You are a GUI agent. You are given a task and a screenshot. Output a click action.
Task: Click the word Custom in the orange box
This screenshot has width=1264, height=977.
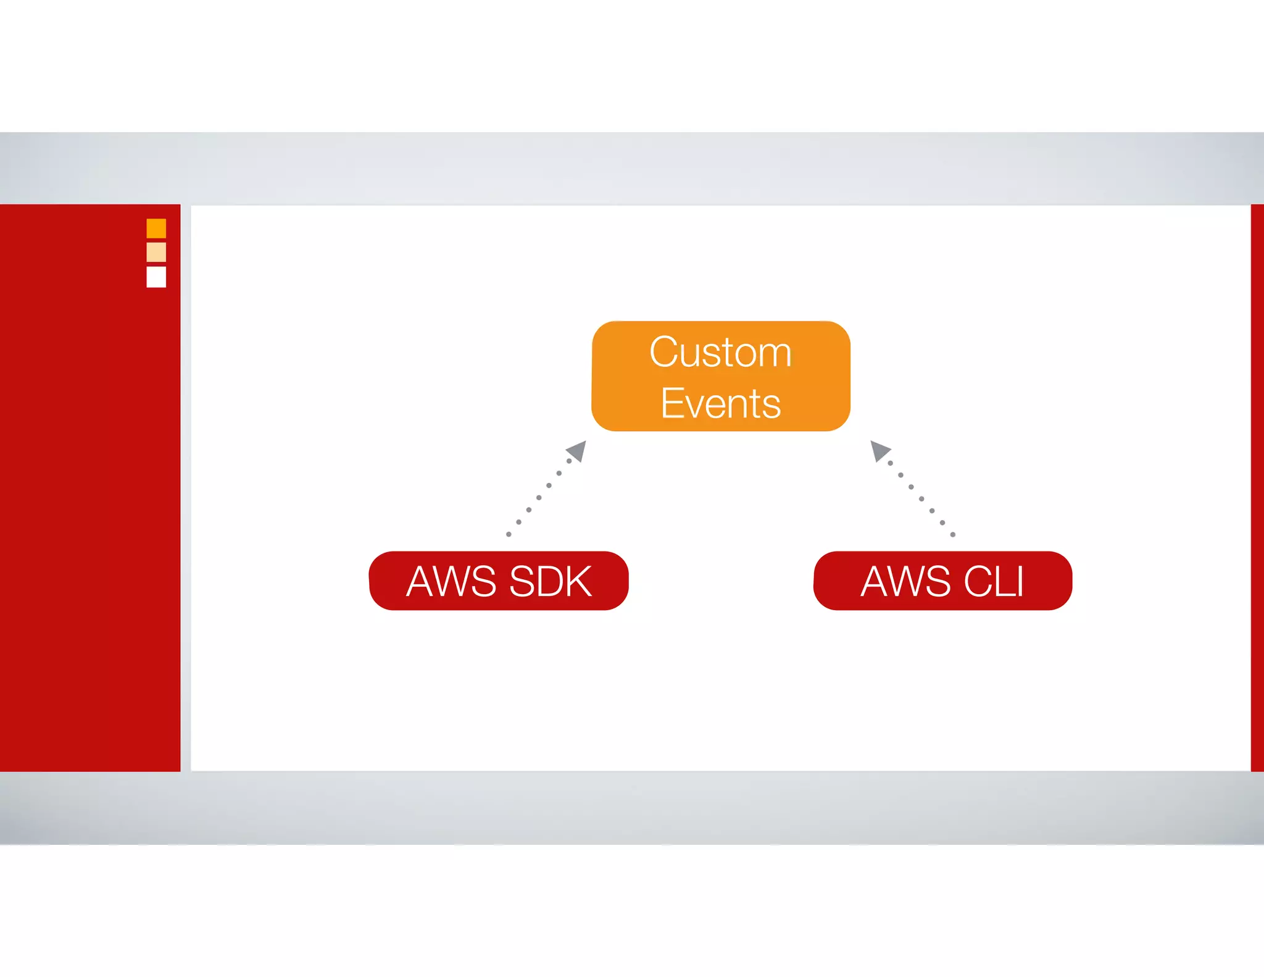click(x=720, y=353)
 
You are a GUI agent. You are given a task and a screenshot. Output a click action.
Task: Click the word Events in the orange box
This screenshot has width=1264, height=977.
click(x=720, y=404)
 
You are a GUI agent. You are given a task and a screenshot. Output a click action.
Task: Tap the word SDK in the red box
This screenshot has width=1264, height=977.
click(x=551, y=582)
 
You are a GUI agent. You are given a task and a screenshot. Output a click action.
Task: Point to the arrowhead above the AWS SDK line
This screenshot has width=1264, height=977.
click(x=577, y=450)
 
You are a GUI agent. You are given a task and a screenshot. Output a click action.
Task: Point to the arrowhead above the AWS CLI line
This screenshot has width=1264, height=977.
click(x=879, y=450)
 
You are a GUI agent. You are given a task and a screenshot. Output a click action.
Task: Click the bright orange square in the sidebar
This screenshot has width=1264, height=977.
click(x=156, y=229)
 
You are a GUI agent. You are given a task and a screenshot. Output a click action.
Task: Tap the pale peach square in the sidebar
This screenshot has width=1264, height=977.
click(x=156, y=252)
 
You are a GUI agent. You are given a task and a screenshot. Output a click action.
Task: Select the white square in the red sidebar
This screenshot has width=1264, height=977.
click(x=156, y=277)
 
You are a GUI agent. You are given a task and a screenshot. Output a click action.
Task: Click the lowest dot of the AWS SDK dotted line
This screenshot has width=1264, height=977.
click(x=509, y=534)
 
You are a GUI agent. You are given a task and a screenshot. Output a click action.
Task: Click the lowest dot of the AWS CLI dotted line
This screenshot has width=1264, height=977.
click(x=953, y=534)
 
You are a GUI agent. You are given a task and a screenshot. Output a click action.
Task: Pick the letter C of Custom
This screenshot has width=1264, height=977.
click(x=664, y=352)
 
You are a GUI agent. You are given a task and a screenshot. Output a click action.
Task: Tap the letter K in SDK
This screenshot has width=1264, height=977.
click(x=577, y=582)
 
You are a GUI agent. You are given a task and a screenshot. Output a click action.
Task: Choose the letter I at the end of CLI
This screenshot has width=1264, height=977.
click(x=1019, y=582)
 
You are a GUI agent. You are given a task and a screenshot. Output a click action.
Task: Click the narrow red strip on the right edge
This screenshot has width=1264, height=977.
click(x=1257, y=488)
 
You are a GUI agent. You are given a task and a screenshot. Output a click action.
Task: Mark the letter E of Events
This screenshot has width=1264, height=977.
click(x=671, y=404)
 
